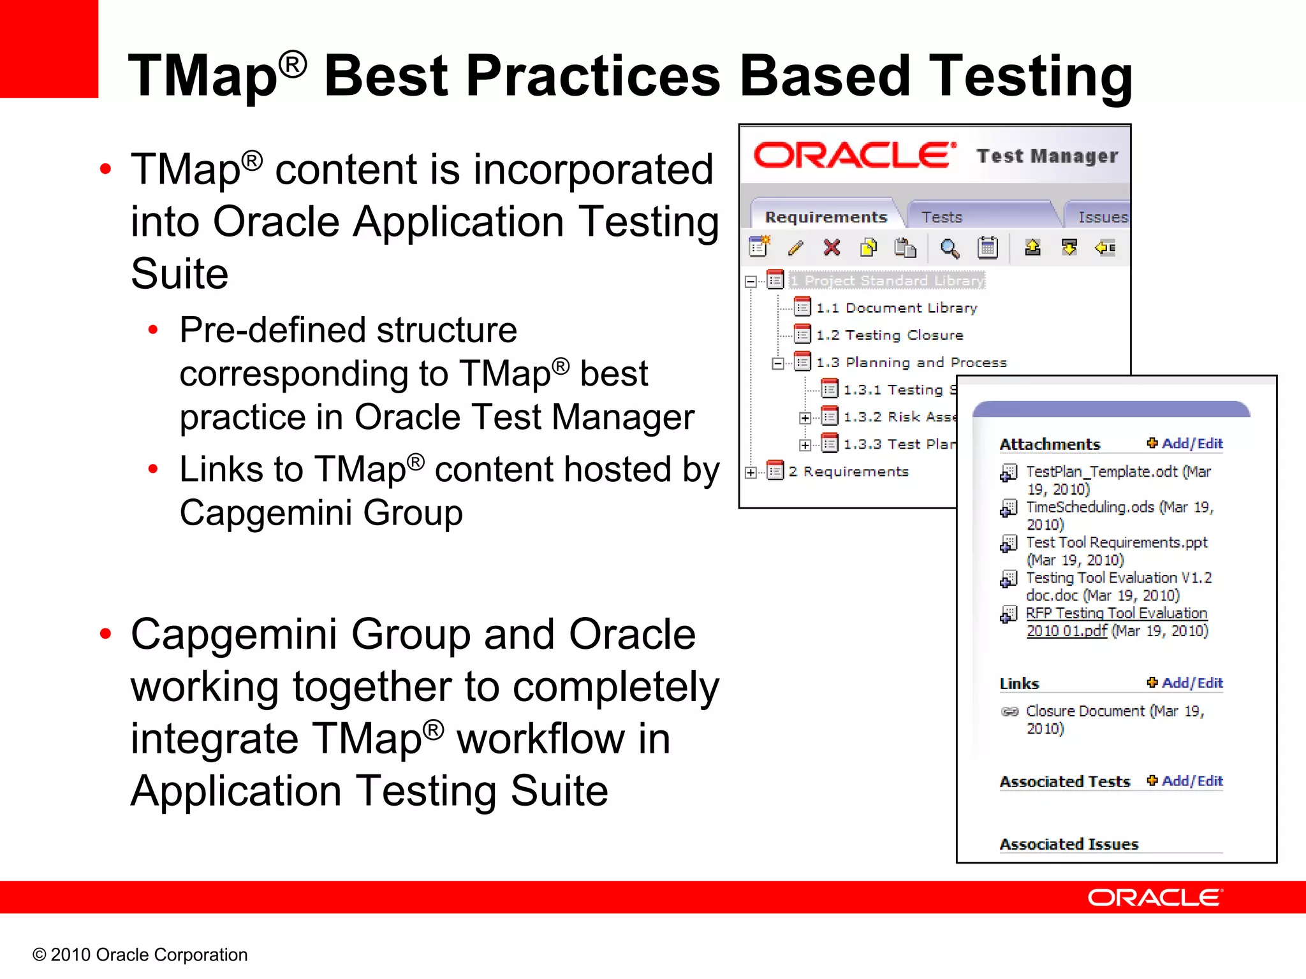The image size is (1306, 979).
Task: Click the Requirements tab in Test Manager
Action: [x=825, y=217]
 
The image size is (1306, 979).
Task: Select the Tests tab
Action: [x=941, y=217]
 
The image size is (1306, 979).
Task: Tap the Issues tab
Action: [x=1103, y=217]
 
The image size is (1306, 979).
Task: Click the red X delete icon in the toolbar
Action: [x=832, y=247]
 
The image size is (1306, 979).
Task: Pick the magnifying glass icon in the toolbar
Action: [x=950, y=248]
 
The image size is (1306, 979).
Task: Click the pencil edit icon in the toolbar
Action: [x=795, y=248]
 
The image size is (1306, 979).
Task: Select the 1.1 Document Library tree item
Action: [x=896, y=308]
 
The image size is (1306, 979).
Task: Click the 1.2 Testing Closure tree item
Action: [x=889, y=335]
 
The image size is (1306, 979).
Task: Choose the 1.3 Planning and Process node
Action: [x=911, y=363]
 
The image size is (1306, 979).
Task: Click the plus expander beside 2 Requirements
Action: [x=751, y=472]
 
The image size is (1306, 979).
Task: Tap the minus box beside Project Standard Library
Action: [x=751, y=281]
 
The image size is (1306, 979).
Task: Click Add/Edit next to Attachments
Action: [x=1191, y=444]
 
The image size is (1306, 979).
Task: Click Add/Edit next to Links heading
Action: [x=1191, y=683]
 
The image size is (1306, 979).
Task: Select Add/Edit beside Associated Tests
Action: [x=1191, y=781]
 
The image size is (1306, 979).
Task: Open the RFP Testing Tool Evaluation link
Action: [x=1116, y=613]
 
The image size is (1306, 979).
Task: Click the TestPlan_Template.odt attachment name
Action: [x=1101, y=472]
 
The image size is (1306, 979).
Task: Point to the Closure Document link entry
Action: [x=1085, y=711]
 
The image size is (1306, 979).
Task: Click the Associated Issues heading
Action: [x=1069, y=845]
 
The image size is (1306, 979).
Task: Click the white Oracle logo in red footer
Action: [x=1154, y=897]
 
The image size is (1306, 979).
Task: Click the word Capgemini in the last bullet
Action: [x=234, y=635]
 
